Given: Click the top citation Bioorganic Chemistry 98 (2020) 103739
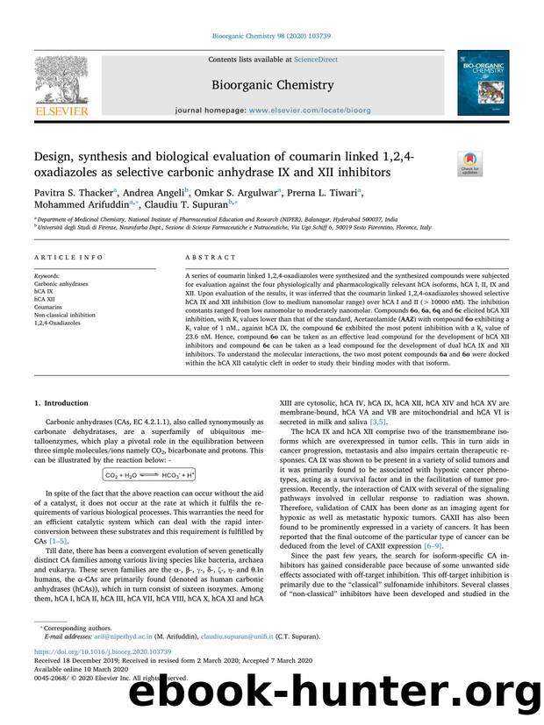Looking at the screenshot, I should (271, 36).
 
